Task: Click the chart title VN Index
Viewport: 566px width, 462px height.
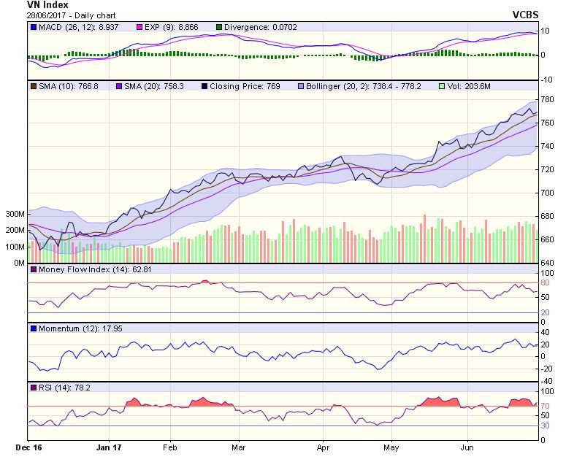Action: (47, 4)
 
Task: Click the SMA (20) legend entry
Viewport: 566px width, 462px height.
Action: (145, 85)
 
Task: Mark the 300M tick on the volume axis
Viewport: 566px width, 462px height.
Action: (14, 215)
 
